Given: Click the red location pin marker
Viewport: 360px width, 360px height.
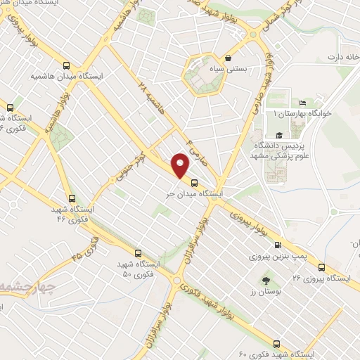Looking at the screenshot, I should point(181,167).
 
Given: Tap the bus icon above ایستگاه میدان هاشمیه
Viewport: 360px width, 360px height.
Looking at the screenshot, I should point(66,61).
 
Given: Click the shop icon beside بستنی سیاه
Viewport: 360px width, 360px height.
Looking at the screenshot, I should point(229,57).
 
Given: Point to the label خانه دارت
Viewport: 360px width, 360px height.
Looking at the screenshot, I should point(333,56).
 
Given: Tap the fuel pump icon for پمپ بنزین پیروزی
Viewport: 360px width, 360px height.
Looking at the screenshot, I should point(278,245).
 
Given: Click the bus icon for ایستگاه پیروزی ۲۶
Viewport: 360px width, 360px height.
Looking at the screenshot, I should point(321,267).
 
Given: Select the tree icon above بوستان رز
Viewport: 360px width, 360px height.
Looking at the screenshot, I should point(264,281).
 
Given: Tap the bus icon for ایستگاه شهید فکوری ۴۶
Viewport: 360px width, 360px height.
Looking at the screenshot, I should point(72,198).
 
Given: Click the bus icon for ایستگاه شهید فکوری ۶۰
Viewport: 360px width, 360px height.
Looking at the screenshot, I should point(276,344).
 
